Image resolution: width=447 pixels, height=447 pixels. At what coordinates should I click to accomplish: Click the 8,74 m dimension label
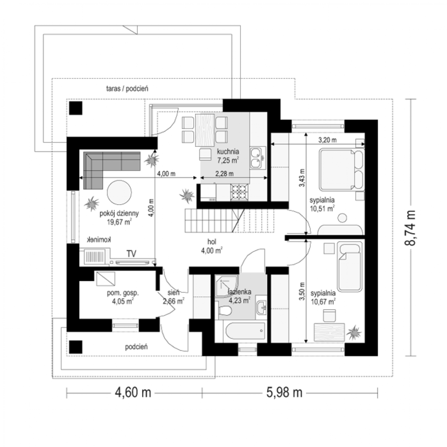(410, 228)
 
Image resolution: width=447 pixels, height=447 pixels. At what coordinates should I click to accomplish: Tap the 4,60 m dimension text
(133, 393)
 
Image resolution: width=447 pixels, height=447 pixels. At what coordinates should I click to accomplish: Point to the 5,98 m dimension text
(284, 393)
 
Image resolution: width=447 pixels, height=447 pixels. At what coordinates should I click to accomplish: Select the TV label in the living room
(131, 254)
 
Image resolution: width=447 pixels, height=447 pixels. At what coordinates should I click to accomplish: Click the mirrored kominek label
(99, 240)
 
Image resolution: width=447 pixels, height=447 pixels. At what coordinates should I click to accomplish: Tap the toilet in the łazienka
(225, 310)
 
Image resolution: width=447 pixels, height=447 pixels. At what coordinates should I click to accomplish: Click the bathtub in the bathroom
(245, 331)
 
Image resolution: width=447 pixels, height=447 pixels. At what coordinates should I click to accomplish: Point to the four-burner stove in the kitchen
(239, 192)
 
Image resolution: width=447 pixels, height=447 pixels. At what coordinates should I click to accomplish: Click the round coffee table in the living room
(119, 192)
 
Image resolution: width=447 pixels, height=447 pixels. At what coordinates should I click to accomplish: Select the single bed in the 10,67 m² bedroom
(349, 267)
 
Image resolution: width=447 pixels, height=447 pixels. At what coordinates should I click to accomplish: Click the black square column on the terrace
(76, 108)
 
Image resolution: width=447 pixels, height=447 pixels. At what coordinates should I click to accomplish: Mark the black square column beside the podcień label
(76, 347)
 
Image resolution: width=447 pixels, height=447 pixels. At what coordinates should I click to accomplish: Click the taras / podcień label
(127, 89)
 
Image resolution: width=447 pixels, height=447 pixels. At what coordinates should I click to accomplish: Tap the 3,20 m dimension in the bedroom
(327, 140)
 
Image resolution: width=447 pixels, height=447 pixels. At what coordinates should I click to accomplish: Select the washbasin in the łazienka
(261, 308)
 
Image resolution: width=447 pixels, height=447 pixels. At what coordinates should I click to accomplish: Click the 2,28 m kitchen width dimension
(224, 174)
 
